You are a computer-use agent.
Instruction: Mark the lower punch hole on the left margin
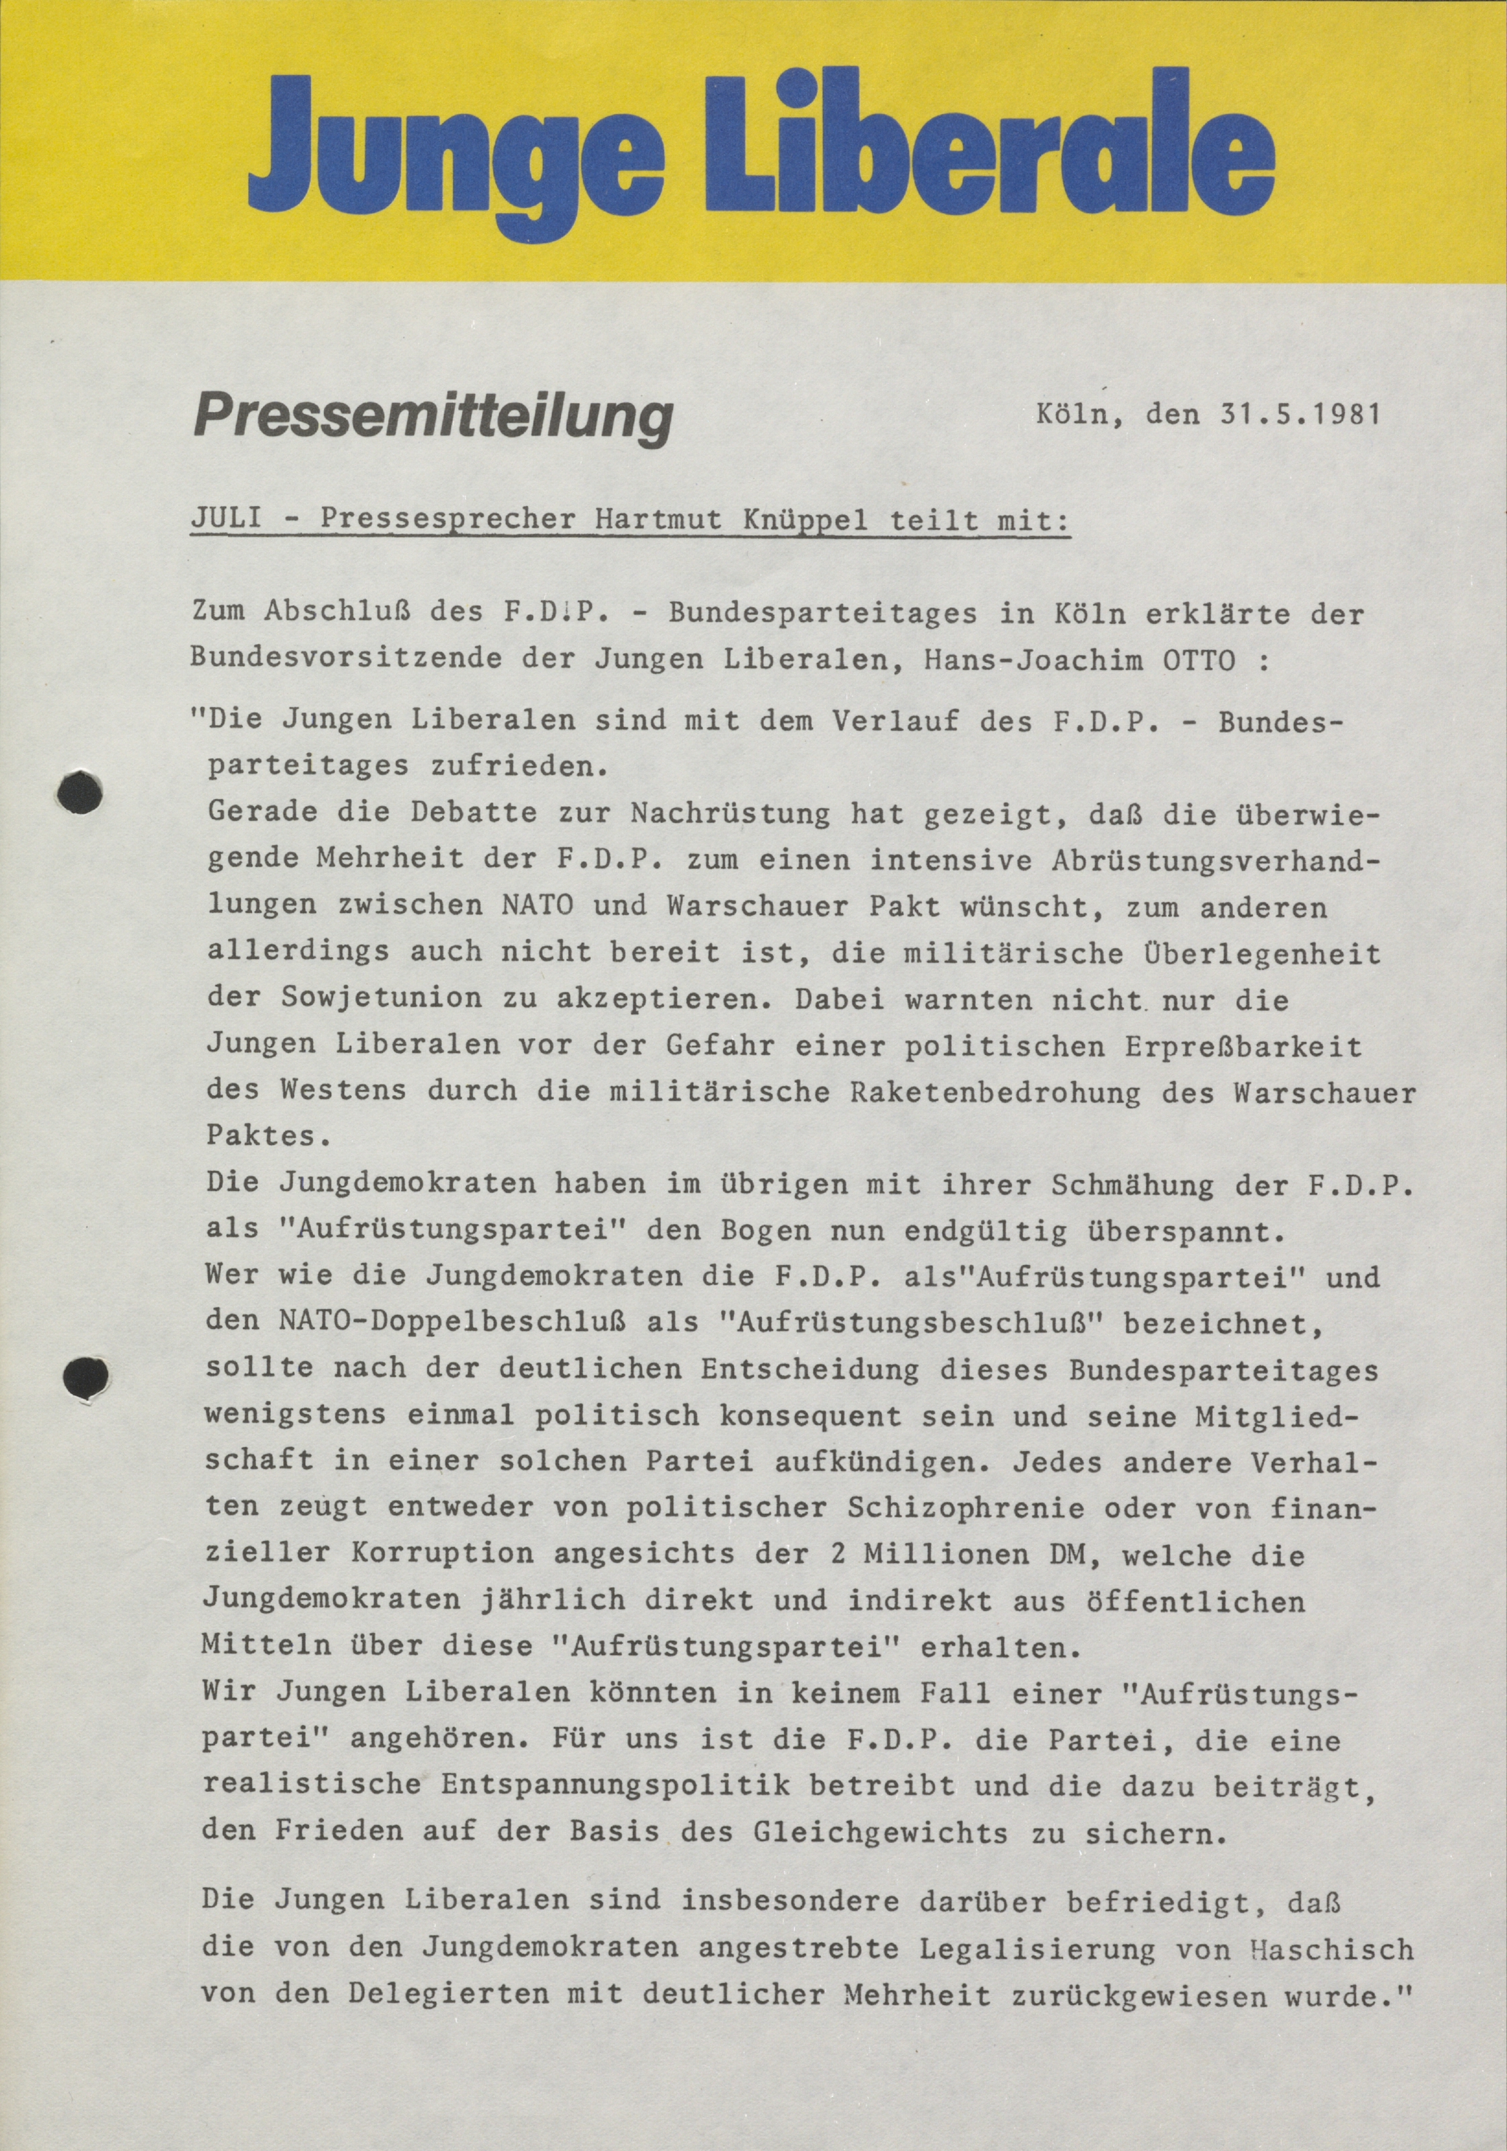[x=84, y=1375]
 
